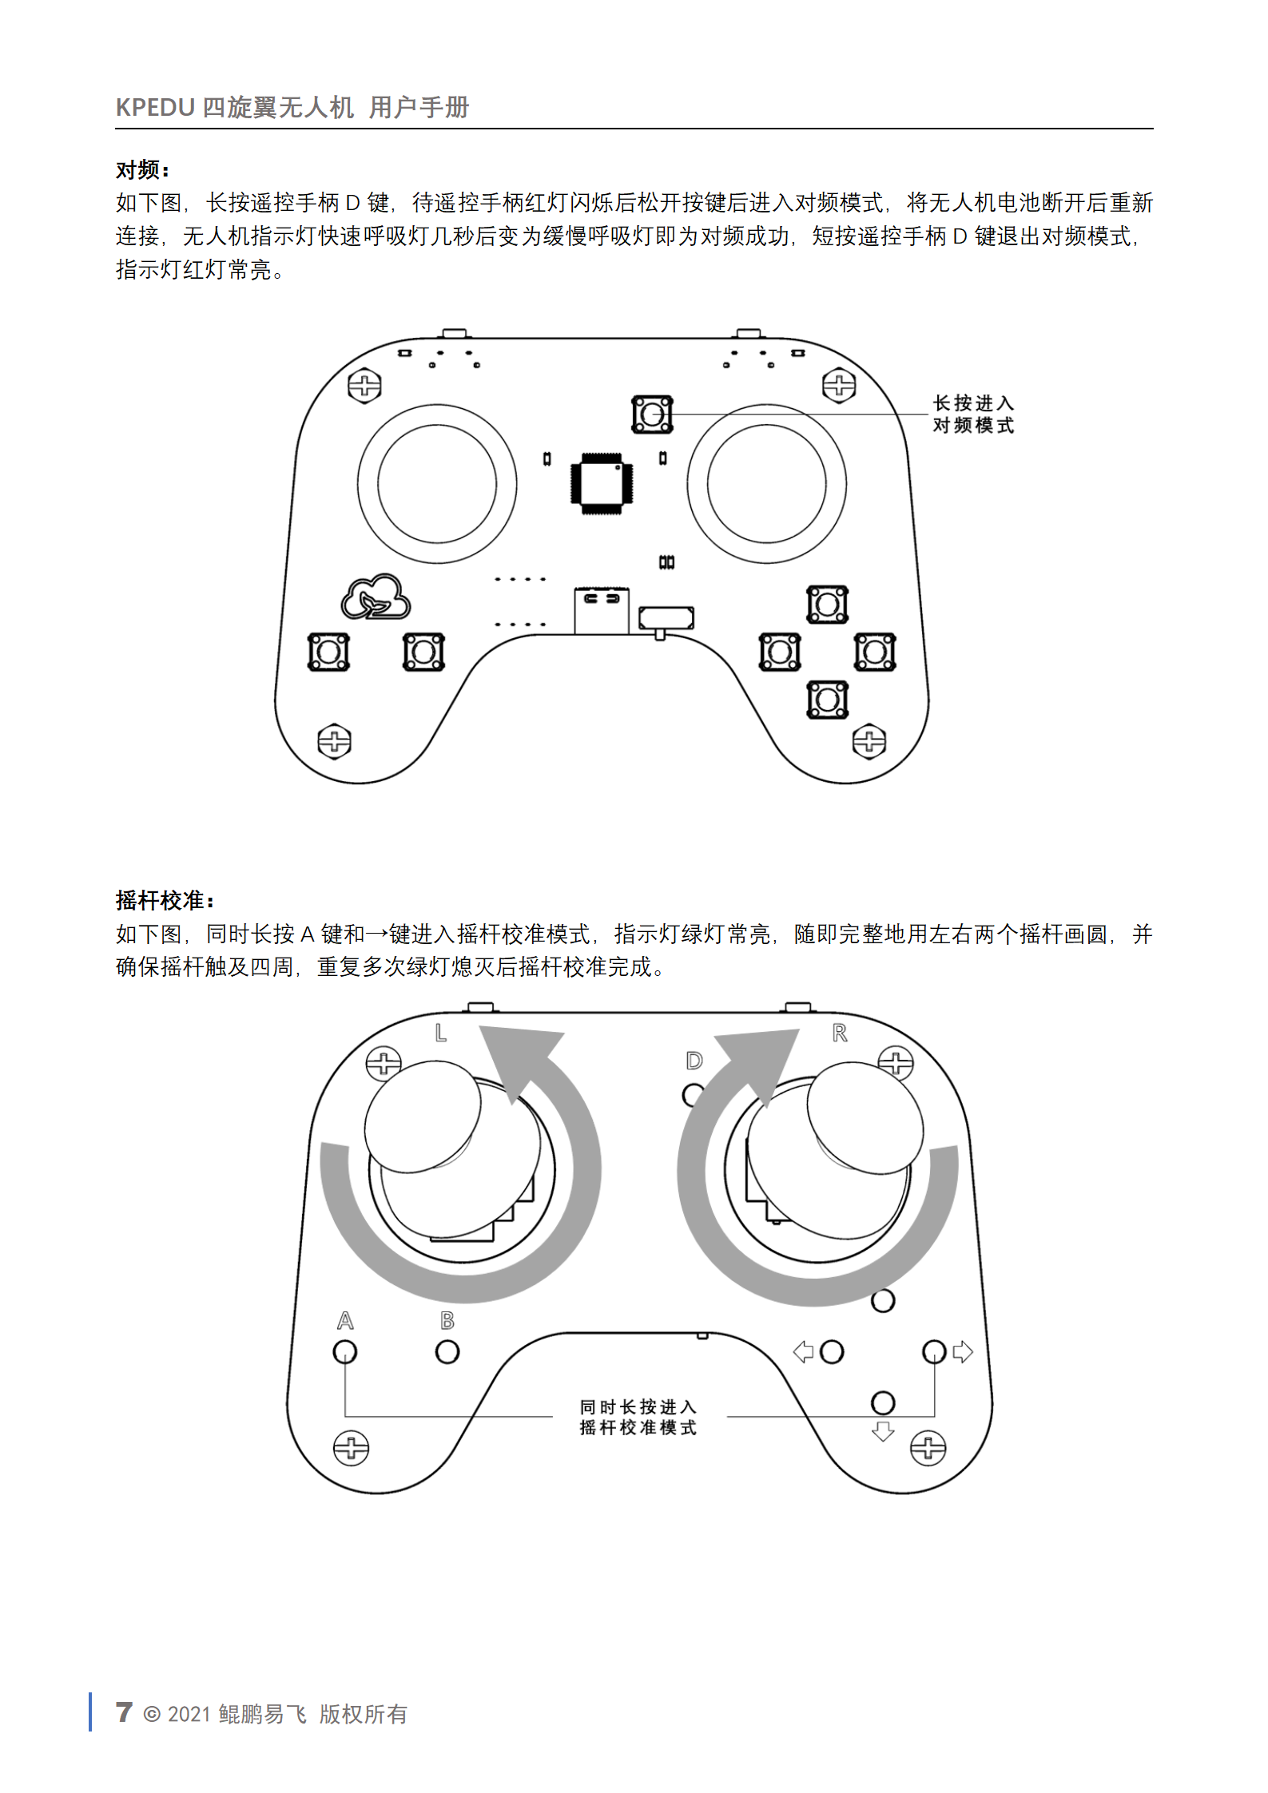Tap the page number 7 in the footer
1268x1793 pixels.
(x=124, y=1712)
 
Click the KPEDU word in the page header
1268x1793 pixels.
(x=155, y=107)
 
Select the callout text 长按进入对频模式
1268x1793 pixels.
(x=973, y=414)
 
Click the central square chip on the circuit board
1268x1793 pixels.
(x=602, y=482)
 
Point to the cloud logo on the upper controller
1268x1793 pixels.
(x=376, y=597)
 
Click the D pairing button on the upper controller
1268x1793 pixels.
(x=652, y=414)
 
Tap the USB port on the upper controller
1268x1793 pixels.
(x=602, y=610)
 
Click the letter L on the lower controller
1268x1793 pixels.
(x=440, y=1033)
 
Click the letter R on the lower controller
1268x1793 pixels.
(x=839, y=1033)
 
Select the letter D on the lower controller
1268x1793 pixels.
(x=694, y=1061)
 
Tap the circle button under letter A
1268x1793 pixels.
(x=345, y=1351)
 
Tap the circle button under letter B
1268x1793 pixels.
(x=447, y=1351)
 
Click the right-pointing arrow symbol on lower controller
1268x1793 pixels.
(x=963, y=1351)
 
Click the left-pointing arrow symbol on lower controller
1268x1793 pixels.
(x=803, y=1351)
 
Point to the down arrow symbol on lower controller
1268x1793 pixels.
(x=883, y=1430)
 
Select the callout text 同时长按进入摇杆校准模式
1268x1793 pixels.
(x=638, y=1417)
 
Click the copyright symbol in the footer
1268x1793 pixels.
(x=151, y=1714)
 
